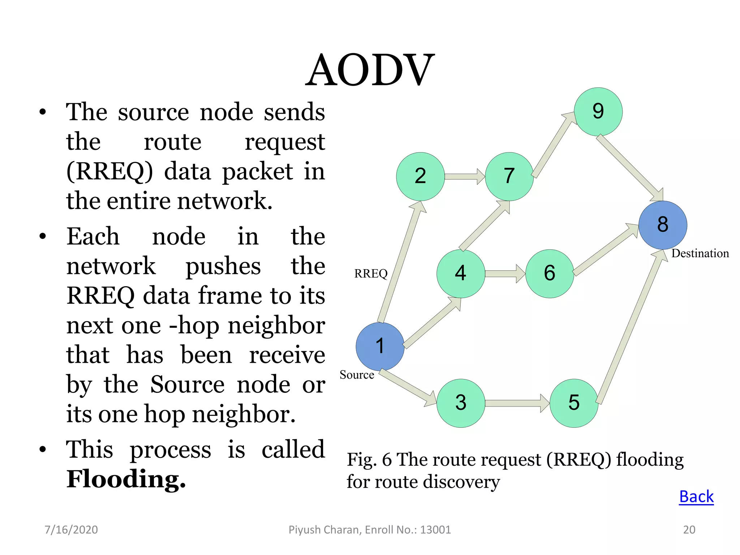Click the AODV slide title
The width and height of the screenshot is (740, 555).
pyautogui.click(x=370, y=70)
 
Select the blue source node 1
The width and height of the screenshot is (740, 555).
pyautogui.click(x=380, y=346)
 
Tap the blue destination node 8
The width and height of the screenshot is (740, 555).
pyautogui.click(x=663, y=225)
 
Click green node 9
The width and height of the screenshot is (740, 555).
pyautogui.click(x=598, y=112)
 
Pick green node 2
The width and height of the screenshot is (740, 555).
pyautogui.click(x=420, y=176)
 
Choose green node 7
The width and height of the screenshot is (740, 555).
pyautogui.click(x=509, y=176)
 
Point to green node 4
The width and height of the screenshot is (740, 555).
pyautogui.click(x=461, y=274)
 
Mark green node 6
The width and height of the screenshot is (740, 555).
pyautogui.click(x=550, y=274)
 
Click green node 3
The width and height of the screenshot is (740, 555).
pyautogui.click(x=461, y=403)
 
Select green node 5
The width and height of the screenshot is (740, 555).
pyautogui.click(x=574, y=403)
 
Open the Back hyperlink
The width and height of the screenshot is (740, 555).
pyautogui.click(x=696, y=496)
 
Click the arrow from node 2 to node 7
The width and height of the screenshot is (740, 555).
pyautogui.click(x=464, y=176)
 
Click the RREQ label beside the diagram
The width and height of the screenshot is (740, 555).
pyautogui.click(x=371, y=274)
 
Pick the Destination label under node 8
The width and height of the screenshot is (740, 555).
pyautogui.click(x=700, y=253)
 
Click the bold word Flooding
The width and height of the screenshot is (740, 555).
pyautogui.click(x=126, y=479)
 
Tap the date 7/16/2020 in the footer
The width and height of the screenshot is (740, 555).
pyautogui.click(x=71, y=530)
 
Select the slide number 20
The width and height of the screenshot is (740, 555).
pyautogui.click(x=689, y=530)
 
